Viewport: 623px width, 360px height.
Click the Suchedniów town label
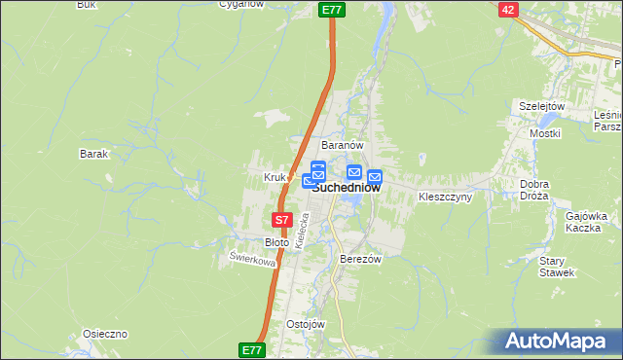[347, 190]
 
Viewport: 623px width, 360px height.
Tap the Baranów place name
[343, 145]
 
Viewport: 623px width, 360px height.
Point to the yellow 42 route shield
[508, 9]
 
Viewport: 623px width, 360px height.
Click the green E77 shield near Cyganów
[332, 9]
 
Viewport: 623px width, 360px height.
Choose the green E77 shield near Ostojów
[251, 348]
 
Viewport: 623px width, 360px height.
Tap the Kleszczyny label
[445, 197]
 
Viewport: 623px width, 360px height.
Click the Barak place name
[93, 154]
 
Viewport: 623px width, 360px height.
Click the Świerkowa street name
[252, 260]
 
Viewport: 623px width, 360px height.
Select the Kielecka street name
[302, 237]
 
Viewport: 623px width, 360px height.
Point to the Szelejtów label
[542, 106]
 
